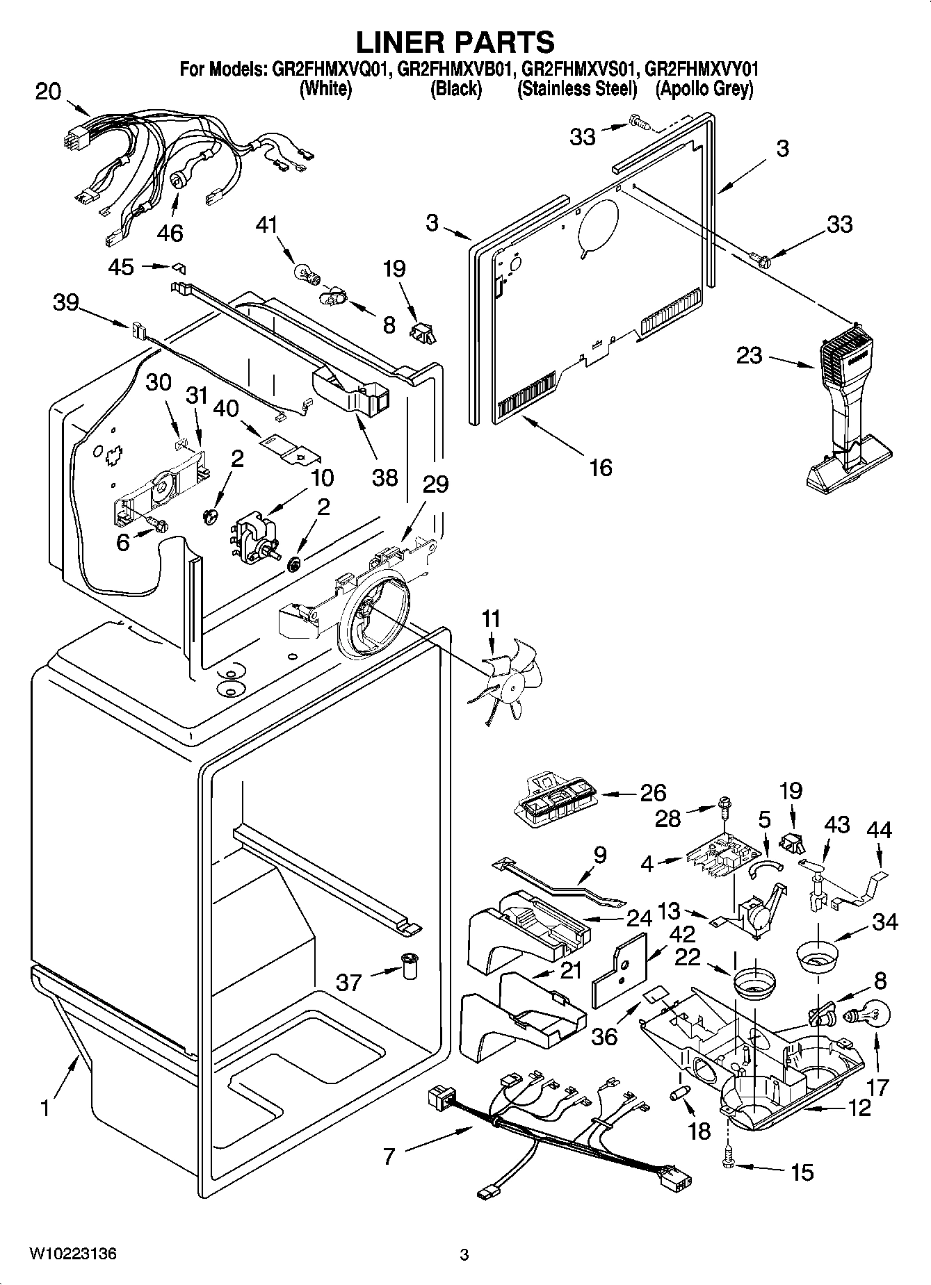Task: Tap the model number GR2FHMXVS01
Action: pyautogui.click(x=578, y=69)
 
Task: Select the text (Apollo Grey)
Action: pyautogui.click(x=704, y=89)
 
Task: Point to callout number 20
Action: pyautogui.click(x=48, y=91)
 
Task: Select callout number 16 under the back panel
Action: pyautogui.click(x=600, y=467)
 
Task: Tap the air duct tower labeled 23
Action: pyautogui.click(x=846, y=417)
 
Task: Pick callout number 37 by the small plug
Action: pyautogui.click(x=349, y=982)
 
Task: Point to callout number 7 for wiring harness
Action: pyautogui.click(x=389, y=1156)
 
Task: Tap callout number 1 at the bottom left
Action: pyautogui.click(x=44, y=1108)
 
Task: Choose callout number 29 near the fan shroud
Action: pyautogui.click(x=436, y=484)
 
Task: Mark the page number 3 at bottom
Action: pyautogui.click(x=464, y=1254)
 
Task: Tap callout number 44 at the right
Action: pyautogui.click(x=879, y=830)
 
